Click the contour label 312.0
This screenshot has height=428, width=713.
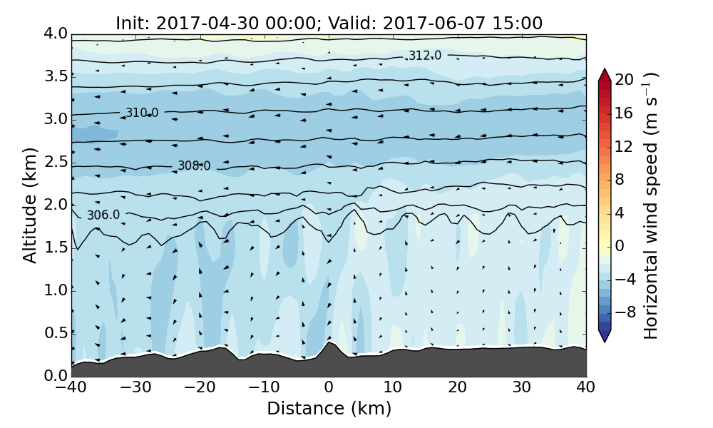[x=424, y=56]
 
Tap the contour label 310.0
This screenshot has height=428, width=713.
[x=142, y=113]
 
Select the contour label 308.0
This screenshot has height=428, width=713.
[x=194, y=166]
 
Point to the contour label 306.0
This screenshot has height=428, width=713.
[x=103, y=215]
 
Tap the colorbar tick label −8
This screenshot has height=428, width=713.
[x=625, y=312]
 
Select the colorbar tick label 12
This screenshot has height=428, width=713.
[x=625, y=146]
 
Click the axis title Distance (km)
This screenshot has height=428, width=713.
[x=329, y=409]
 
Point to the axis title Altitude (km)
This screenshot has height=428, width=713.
[x=30, y=205]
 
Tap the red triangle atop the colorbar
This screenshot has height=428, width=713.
[x=605, y=74]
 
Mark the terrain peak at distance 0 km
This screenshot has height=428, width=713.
[x=329, y=343]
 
